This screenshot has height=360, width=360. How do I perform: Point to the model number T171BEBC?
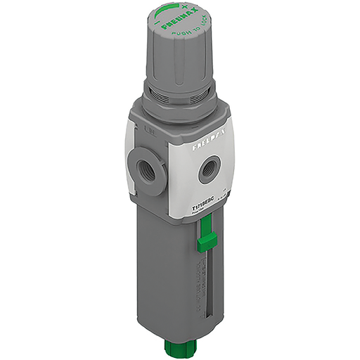(x=205, y=201)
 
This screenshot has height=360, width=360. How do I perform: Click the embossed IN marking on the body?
(x=150, y=129)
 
